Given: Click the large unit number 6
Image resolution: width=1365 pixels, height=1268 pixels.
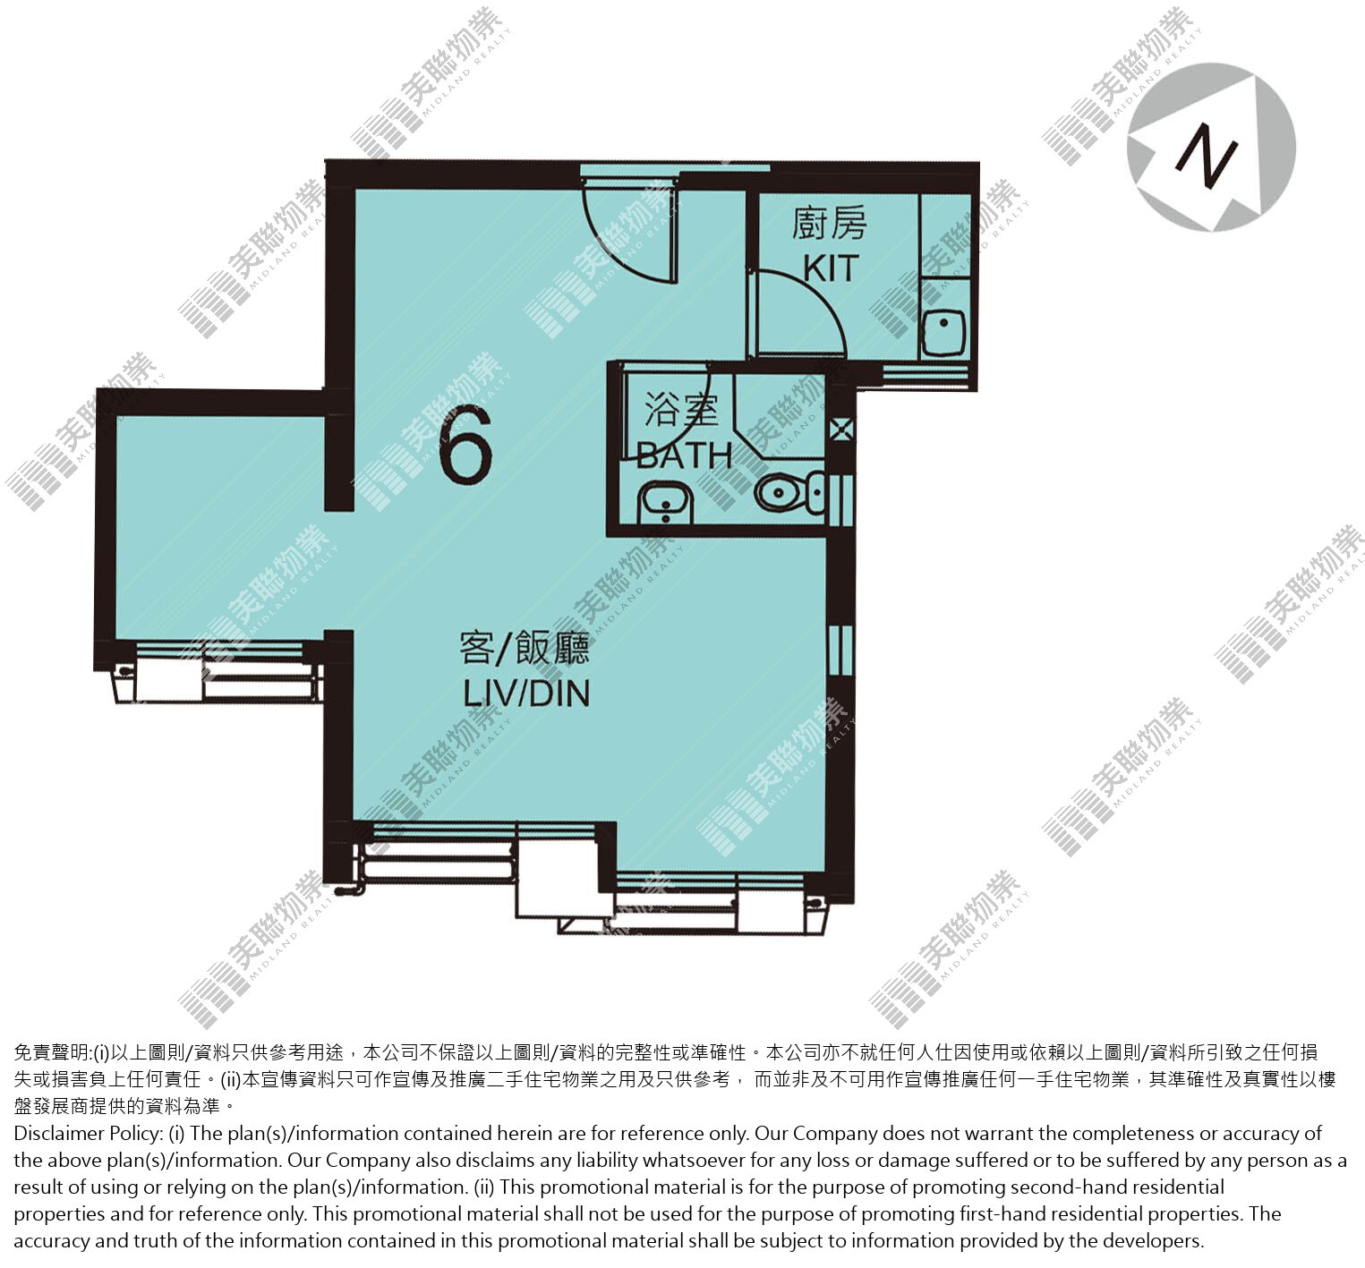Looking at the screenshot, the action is click(x=465, y=444).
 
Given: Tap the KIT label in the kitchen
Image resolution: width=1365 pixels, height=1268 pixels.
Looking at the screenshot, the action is click(x=831, y=268).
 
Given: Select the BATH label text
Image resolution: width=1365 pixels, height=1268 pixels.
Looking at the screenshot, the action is click(x=685, y=455).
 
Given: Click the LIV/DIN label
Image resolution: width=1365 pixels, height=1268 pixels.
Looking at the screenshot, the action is click(x=526, y=694).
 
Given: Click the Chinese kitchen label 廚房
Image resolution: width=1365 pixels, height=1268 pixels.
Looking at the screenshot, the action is click(x=829, y=223).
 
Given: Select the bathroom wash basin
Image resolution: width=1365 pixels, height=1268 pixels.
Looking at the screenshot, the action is click(x=665, y=503).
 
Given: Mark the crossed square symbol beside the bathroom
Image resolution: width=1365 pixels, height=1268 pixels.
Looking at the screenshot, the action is click(x=840, y=430).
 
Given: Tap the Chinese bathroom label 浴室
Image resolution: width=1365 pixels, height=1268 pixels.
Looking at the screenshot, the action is click(x=681, y=410).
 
